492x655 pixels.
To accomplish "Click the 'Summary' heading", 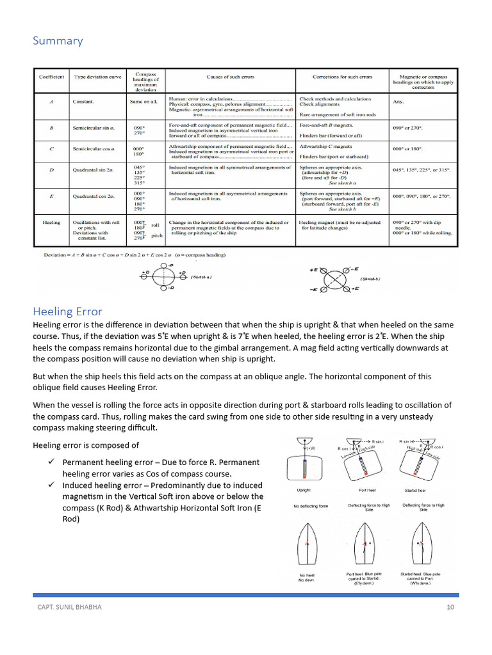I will (58, 41).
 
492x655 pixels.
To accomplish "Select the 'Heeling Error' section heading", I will (67, 312).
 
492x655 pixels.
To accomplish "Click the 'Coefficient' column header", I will (51, 77).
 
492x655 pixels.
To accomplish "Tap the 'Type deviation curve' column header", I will (97, 77).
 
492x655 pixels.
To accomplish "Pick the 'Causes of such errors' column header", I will (230, 77).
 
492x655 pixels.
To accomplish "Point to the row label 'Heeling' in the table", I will (51, 223).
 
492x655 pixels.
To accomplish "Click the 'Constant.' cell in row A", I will (83, 102).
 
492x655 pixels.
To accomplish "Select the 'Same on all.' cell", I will (145, 102).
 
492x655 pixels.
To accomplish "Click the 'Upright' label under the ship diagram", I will (304, 490).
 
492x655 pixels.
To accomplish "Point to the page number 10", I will (450, 606).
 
